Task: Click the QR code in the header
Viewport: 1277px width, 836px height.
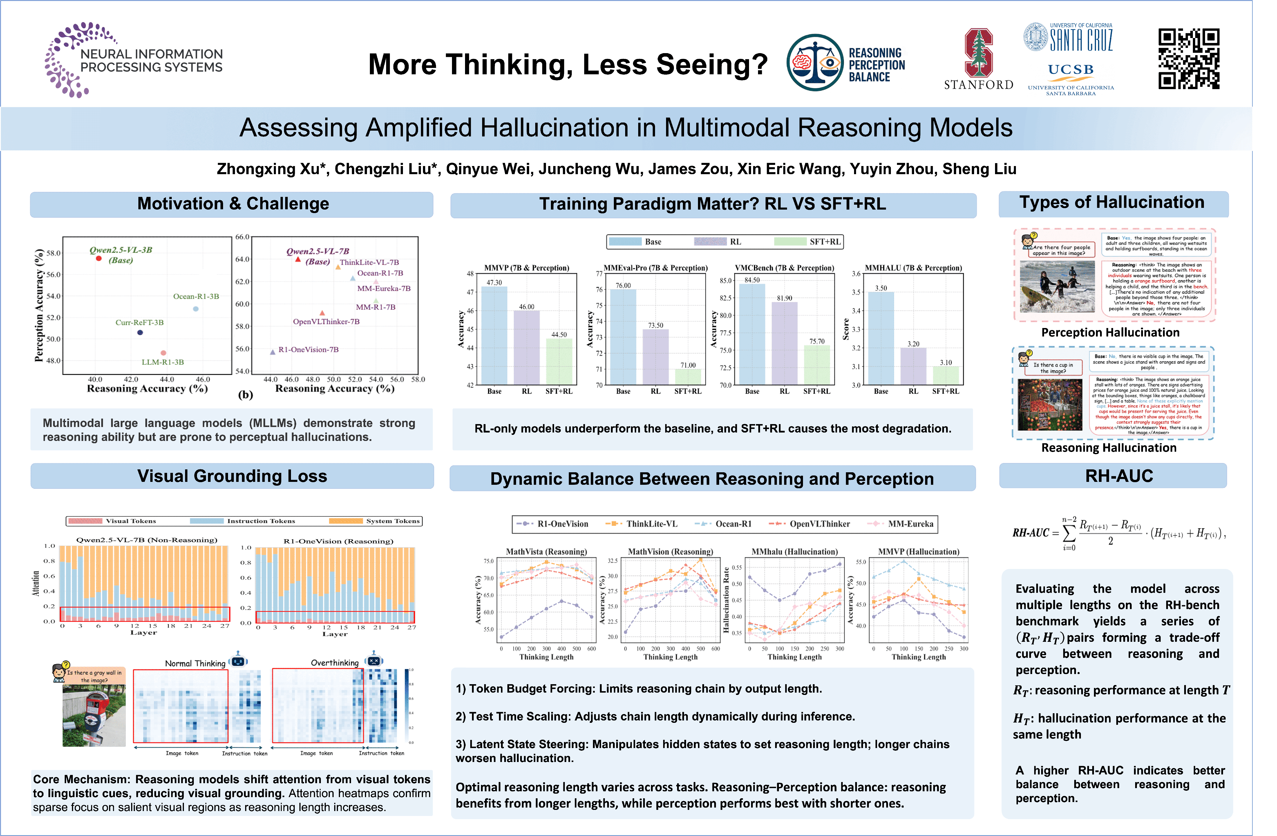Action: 1189,59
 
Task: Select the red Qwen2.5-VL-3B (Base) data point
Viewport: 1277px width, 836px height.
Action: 99,258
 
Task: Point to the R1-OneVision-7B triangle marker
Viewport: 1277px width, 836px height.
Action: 273,352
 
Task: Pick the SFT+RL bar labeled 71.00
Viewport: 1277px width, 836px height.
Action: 688,376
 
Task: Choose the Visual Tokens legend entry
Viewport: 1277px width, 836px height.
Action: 112,521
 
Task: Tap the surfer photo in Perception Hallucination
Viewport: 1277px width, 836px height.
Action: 1057,286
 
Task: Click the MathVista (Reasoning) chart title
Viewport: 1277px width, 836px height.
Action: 546,552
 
